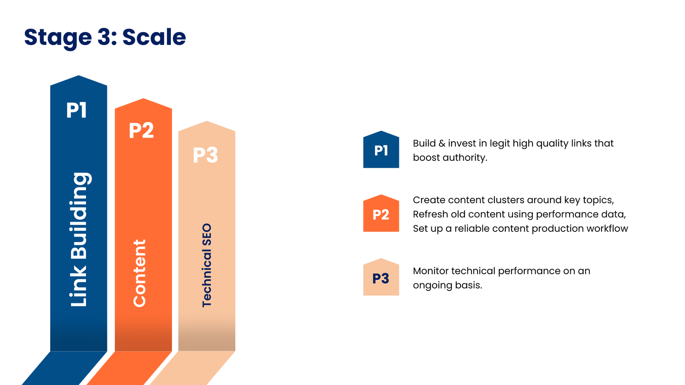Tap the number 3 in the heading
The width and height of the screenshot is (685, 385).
[x=104, y=37]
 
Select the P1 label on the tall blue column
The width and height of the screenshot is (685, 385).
[x=77, y=110]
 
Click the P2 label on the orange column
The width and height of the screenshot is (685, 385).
[x=141, y=130]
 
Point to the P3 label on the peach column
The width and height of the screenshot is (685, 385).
[x=205, y=155]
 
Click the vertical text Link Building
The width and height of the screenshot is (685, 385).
[x=79, y=240]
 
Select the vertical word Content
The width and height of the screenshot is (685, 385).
[x=140, y=273]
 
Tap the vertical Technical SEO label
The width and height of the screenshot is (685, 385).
[x=207, y=265]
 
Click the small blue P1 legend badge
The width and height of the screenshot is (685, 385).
[x=381, y=151]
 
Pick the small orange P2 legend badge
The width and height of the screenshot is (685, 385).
[x=381, y=214]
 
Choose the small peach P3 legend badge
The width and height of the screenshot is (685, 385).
[x=381, y=278]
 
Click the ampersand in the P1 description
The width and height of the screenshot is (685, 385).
[x=442, y=144]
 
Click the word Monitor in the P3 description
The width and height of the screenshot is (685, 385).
[x=430, y=271]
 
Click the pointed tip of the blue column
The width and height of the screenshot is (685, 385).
[x=79, y=77]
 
